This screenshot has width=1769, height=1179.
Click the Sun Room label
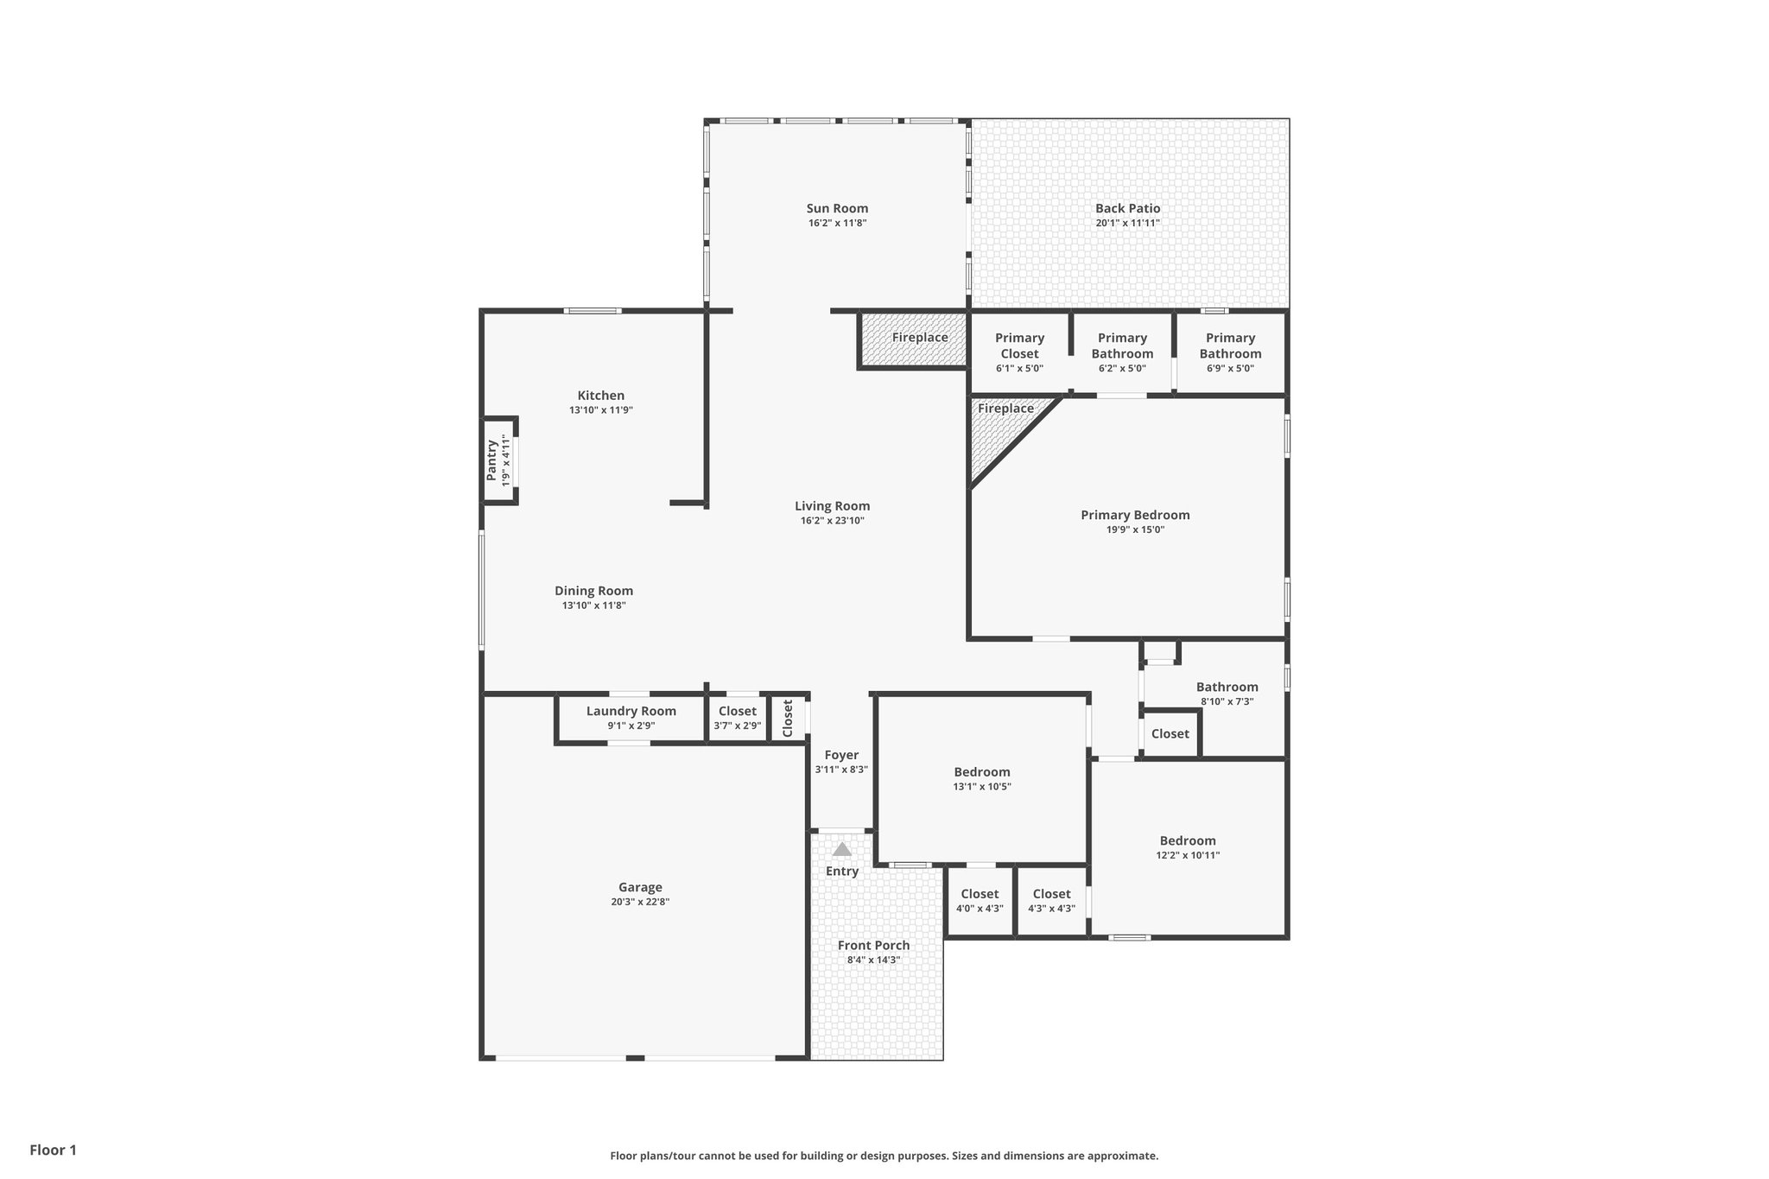pyautogui.click(x=837, y=208)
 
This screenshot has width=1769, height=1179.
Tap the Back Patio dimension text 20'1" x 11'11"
pyautogui.click(x=1127, y=223)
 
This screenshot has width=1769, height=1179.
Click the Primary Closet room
pyautogui.click(x=1019, y=352)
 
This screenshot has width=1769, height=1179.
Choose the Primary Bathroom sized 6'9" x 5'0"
pyautogui.click(x=1230, y=352)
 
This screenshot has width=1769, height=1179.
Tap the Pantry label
pyautogui.click(x=491, y=460)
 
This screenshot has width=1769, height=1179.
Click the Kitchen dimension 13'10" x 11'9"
pyautogui.click(x=601, y=410)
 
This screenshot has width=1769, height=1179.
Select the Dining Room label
pyautogui.click(x=593, y=591)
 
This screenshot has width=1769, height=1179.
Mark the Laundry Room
pyautogui.click(x=631, y=717)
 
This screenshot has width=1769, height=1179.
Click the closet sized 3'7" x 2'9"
pyautogui.click(x=737, y=718)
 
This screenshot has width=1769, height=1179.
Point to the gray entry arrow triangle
pyautogui.click(x=842, y=849)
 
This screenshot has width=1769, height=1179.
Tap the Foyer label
pyautogui.click(x=841, y=755)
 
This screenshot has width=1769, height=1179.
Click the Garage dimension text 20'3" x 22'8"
pyautogui.click(x=640, y=902)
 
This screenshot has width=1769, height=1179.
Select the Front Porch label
pyautogui.click(x=873, y=945)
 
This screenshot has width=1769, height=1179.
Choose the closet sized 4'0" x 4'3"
pyautogui.click(x=980, y=900)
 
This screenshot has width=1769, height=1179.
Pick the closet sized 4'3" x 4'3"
pyautogui.click(x=1051, y=900)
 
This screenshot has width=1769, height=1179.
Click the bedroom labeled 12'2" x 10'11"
pyautogui.click(x=1188, y=846)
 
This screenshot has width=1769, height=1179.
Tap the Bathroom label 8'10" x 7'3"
pyautogui.click(x=1227, y=688)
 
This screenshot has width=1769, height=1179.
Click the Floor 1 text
pyautogui.click(x=53, y=1150)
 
